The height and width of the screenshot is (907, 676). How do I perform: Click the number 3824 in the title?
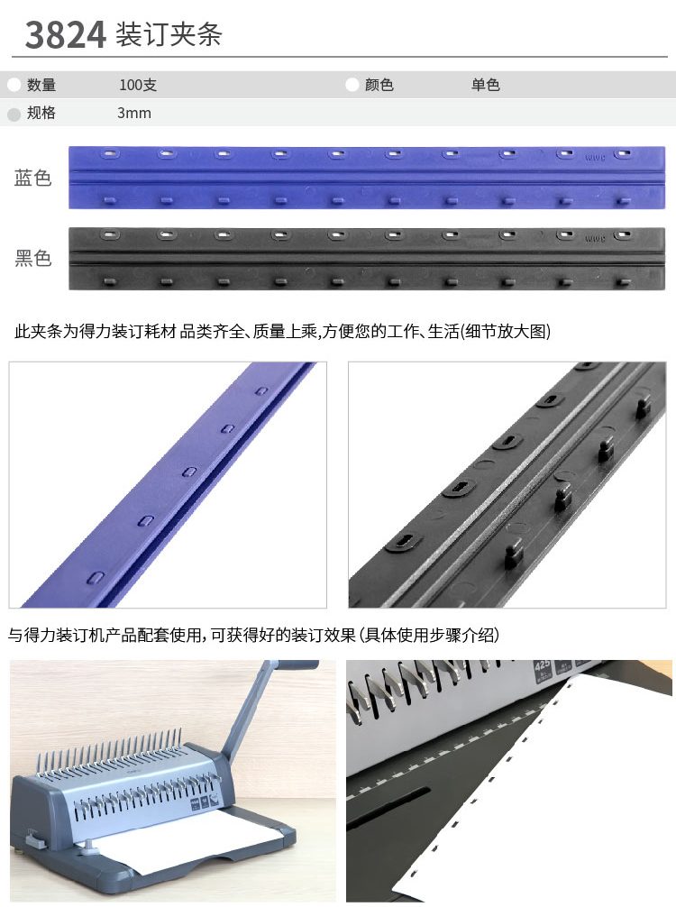click(x=65, y=34)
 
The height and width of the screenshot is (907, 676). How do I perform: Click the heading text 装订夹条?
click(x=169, y=34)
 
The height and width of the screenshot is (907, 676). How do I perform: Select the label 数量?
click(x=41, y=85)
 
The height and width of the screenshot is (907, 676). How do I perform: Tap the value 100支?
click(x=138, y=85)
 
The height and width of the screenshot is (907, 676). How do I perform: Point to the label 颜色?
click(x=379, y=85)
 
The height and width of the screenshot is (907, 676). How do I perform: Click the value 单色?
click(x=485, y=85)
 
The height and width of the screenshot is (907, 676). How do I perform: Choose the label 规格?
click(x=41, y=113)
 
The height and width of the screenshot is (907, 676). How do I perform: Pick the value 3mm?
click(x=134, y=113)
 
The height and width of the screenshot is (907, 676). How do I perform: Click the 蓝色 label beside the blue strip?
click(x=33, y=178)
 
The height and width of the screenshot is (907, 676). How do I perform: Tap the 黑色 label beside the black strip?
click(x=33, y=258)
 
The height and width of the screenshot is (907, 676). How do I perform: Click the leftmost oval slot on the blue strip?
click(x=111, y=154)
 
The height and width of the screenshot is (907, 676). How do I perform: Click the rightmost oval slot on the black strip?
click(x=622, y=234)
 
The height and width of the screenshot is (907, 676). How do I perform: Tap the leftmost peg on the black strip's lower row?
click(x=110, y=281)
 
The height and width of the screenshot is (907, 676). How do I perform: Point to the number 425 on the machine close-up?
click(x=542, y=665)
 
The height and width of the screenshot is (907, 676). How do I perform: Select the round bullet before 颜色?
click(x=352, y=85)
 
